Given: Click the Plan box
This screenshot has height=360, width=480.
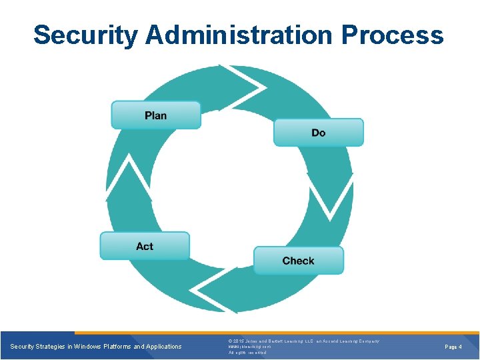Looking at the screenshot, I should [x=155, y=115].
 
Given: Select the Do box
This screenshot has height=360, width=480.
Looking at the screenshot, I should [x=318, y=133].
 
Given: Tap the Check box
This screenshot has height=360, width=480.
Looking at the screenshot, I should [x=298, y=261].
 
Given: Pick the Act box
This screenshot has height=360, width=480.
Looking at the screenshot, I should [x=145, y=246].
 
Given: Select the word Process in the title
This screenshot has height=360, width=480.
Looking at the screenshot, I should [x=393, y=35].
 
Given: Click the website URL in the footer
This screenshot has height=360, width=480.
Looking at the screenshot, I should [x=249, y=347].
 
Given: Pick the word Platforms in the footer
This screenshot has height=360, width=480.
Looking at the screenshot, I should [x=120, y=347].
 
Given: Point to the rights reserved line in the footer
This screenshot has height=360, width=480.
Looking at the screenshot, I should [x=246, y=353].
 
